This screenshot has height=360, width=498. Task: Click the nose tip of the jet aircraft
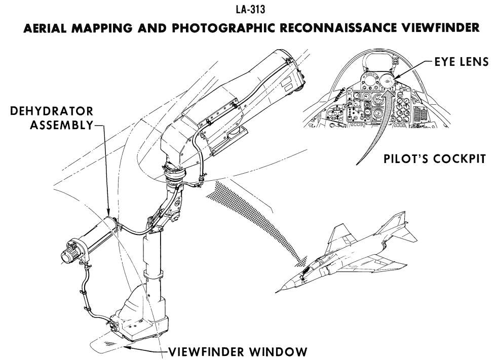point(277,292)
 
